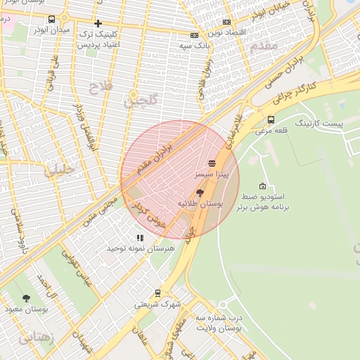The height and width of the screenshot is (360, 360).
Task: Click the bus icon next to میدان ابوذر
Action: (x=53, y=20)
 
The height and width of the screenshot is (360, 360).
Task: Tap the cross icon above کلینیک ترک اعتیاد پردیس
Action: (x=98, y=24)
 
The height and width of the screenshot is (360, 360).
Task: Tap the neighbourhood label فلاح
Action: (x=98, y=87)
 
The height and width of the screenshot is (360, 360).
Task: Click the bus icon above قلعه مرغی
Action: (x=271, y=120)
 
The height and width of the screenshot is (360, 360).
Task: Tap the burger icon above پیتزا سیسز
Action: (x=212, y=163)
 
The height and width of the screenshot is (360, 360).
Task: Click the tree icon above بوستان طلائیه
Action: (x=200, y=192)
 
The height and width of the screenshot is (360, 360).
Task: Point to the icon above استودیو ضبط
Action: (x=262, y=186)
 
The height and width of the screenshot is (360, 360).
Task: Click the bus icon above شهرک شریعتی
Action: (x=158, y=294)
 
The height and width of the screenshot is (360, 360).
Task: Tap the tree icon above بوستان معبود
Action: (x=27, y=298)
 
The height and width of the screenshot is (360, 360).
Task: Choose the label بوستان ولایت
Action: (x=219, y=328)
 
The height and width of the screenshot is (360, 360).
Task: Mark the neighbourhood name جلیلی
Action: (x=60, y=170)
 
